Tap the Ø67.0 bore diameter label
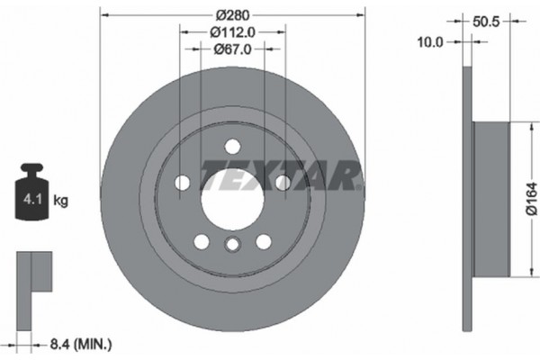(231, 49)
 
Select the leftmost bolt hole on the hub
(183, 183)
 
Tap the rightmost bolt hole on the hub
(282, 183)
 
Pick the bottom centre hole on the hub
(232, 245)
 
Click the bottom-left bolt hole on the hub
(202, 240)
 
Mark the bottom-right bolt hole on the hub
(263, 240)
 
